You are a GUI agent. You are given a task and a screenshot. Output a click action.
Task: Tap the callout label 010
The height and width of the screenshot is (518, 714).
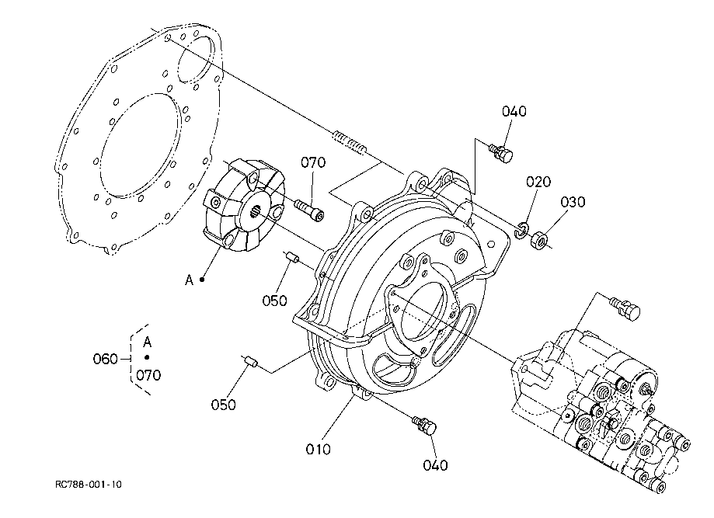(319, 449)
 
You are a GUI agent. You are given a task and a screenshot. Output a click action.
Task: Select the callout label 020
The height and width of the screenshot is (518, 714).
(538, 183)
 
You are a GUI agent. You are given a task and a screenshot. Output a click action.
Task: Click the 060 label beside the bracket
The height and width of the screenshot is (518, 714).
(105, 359)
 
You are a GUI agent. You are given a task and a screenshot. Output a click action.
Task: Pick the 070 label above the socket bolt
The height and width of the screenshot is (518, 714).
(313, 162)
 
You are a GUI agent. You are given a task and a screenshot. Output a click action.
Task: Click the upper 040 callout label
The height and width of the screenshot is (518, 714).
(514, 111)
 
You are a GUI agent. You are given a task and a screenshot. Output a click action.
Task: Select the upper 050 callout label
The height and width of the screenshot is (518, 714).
(274, 300)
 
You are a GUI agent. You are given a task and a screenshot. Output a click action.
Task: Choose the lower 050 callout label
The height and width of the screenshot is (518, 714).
(224, 404)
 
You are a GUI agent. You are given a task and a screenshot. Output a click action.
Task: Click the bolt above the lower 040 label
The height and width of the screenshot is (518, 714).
(425, 426)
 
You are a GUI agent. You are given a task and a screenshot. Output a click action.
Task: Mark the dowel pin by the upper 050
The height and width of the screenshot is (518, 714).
(290, 258)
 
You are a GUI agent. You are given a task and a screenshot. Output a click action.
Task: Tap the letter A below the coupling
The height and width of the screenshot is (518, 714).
(189, 280)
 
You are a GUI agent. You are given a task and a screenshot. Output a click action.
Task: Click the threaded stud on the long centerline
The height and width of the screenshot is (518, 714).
(350, 141)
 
